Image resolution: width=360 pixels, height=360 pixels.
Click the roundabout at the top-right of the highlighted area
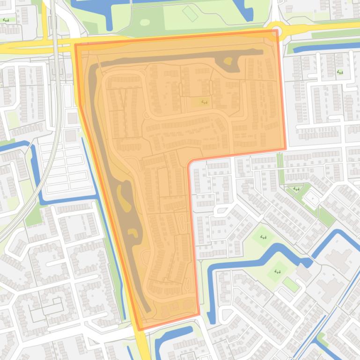(278, 32)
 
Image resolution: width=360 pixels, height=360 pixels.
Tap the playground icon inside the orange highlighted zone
(204, 102)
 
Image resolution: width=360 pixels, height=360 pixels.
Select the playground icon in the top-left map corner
(6, 20)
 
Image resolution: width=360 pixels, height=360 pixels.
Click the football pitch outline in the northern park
(190, 13)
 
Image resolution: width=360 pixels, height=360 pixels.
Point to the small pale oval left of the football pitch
(145, 22)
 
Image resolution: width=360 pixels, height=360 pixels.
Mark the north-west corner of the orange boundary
(76, 45)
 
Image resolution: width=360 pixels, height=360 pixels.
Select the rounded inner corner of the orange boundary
(190, 164)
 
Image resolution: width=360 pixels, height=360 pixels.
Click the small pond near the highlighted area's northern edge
(228, 60)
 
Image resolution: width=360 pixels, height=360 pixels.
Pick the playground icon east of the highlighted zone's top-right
(339, 72)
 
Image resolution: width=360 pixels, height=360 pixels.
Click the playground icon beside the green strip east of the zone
(296, 189)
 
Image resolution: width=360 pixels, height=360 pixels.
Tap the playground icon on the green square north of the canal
(263, 237)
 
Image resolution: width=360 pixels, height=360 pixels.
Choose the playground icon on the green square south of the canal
(277, 271)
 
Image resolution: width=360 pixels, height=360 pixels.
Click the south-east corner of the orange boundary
(199, 315)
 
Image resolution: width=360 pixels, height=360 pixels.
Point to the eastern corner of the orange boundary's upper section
(285, 149)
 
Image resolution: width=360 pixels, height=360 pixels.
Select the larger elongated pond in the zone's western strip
(125, 196)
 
